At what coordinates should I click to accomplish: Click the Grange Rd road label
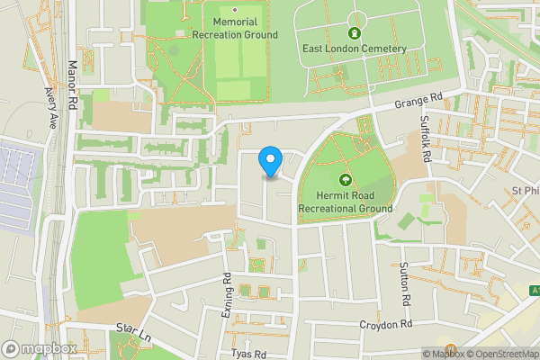coord(419,102)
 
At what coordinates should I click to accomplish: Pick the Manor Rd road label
coord(72,82)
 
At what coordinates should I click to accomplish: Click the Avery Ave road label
coord(49,108)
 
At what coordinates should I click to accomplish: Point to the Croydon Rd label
coord(385,324)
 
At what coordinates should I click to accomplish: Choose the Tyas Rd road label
coord(249,355)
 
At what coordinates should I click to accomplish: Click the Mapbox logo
coord(39,348)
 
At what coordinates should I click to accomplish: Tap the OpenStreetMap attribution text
coord(500,354)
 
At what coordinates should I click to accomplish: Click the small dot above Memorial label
coord(234,10)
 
